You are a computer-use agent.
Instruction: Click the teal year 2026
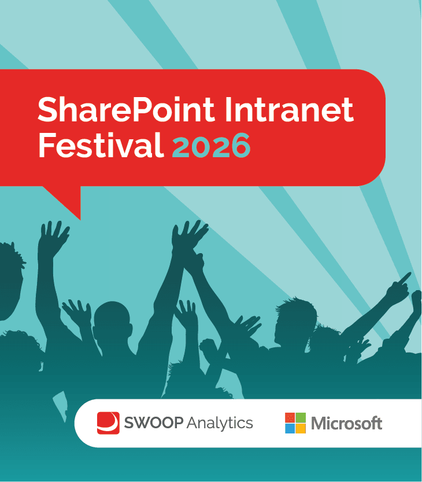211,146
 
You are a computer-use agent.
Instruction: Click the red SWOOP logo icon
108,423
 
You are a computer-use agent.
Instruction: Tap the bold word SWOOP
153,424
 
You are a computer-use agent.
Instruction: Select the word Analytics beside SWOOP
220,424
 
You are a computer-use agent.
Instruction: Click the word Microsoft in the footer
346,424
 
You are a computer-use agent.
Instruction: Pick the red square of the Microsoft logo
290,418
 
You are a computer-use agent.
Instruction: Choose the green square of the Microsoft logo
301,418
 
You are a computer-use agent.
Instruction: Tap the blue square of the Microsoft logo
290,428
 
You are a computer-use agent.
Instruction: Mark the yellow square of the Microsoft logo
301,428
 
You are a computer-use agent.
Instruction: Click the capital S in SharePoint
48,109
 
